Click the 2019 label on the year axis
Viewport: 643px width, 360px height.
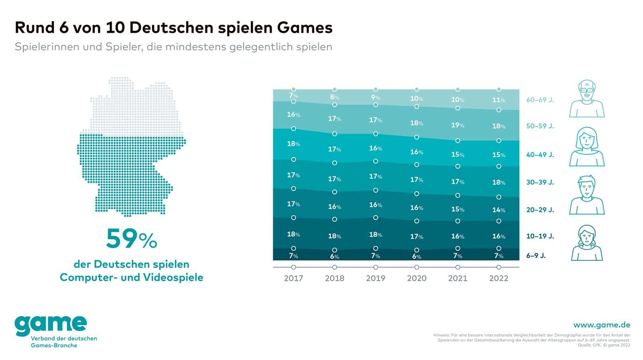coord(375,278)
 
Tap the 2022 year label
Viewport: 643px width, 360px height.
coord(499,278)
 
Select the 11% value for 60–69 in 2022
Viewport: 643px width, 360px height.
coord(499,100)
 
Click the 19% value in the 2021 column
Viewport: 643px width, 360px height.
coord(458,125)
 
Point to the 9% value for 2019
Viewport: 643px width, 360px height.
coord(375,97)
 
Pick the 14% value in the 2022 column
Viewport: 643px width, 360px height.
coord(499,210)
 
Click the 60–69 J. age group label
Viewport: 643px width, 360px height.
coord(540,100)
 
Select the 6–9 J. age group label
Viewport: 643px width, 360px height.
coord(536,256)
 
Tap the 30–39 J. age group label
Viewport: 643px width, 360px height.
coord(540,183)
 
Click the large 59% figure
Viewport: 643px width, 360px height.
coord(131,239)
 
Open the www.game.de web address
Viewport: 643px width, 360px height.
coord(602,325)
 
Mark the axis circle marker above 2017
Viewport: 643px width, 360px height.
coord(294,267)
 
